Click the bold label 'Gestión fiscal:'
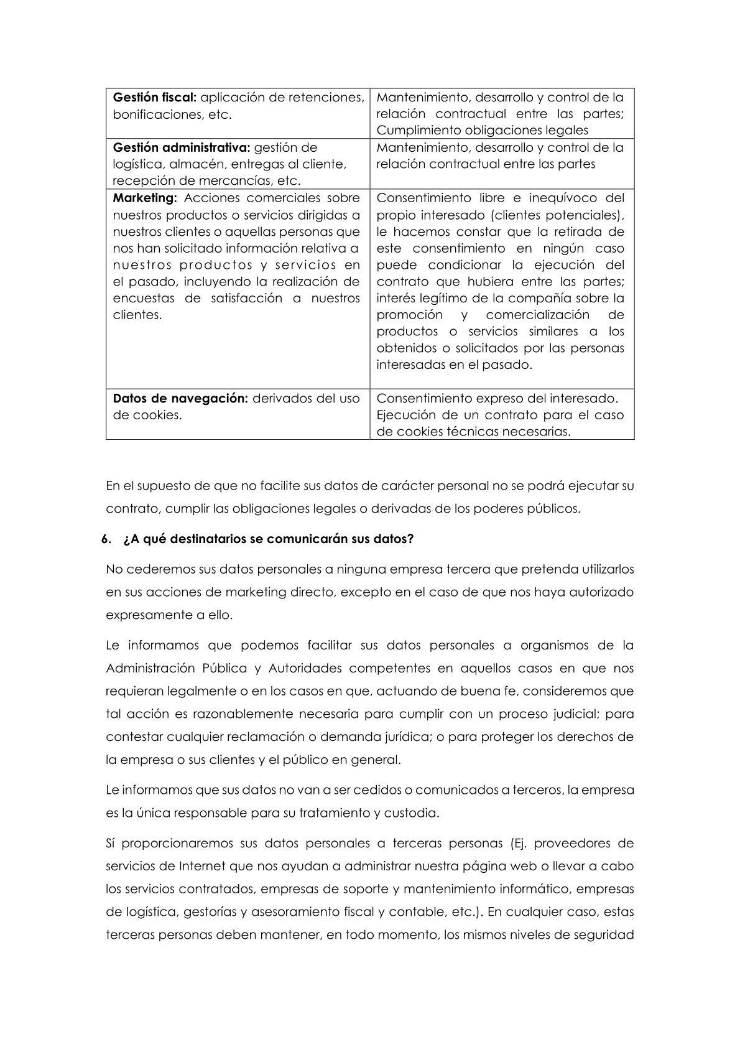pyautogui.click(x=155, y=98)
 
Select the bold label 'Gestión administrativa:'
pyautogui.click(x=181, y=148)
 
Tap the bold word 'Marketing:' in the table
pyautogui.click(x=145, y=198)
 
